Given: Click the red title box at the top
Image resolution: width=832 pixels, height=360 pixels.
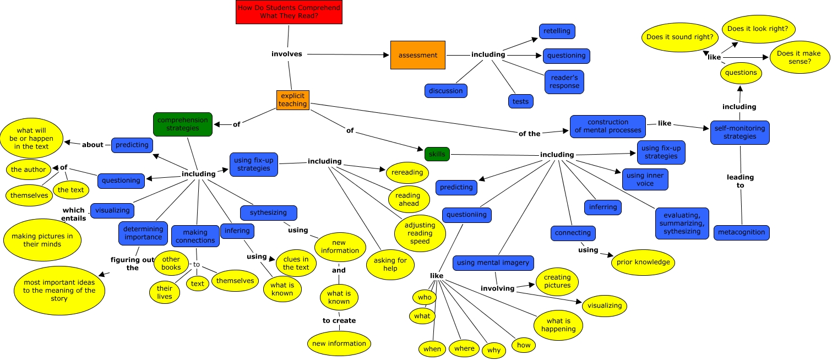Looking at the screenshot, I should [289, 12].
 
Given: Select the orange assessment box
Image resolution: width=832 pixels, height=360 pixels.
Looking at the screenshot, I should [417, 55].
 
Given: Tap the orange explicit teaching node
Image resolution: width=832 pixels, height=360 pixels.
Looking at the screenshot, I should [292, 100].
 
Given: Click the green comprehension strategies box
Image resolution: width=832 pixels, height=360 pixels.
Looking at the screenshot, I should [182, 124].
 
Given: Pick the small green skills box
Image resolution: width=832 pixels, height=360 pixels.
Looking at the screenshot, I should [437, 154].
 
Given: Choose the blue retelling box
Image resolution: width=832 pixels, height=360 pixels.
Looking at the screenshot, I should [557, 31].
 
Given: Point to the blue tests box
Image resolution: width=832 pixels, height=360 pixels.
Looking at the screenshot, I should [520, 101].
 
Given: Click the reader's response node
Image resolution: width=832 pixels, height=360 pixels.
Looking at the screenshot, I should [564, 81].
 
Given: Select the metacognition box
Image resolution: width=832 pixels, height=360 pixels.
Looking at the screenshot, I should [741, 232].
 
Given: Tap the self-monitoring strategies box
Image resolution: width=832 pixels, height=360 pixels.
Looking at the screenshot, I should [739, 133].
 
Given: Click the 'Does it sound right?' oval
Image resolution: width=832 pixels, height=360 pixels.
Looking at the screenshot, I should [680, 38].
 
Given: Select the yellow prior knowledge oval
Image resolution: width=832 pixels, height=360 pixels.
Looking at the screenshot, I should [643, 262].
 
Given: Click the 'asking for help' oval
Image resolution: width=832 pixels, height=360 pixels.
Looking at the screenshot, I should [390, 265].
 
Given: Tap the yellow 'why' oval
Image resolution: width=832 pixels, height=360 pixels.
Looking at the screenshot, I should [493, 351].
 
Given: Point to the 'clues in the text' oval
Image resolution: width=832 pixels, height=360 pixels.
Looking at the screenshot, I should [296, 264].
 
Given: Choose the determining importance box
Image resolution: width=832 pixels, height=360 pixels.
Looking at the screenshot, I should [143, 233].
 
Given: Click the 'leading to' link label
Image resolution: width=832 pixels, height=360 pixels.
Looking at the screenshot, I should [740, 181].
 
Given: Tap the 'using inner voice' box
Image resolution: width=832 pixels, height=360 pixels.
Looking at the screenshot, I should [645, 179].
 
